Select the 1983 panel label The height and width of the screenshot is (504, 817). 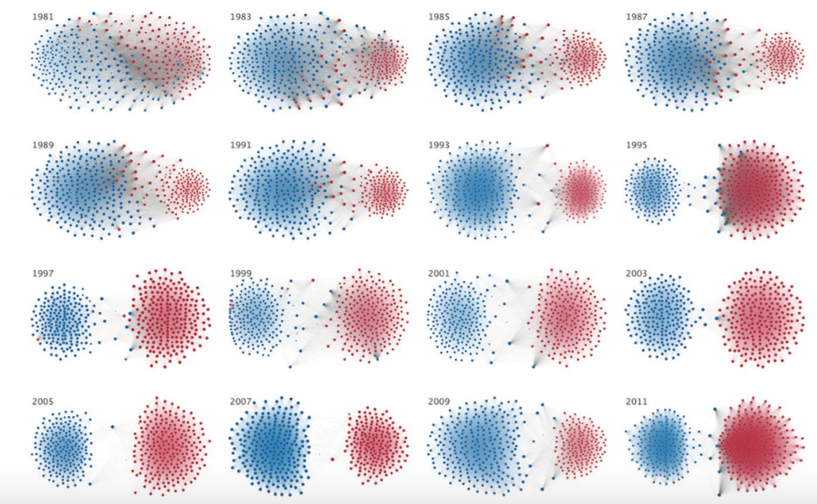pos(241,16)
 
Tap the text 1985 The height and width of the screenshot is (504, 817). pos(439,16)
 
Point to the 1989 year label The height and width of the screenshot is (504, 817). pos(43,145)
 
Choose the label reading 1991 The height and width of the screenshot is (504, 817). pos(241,145)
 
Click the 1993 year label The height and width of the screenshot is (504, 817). pos(439,145)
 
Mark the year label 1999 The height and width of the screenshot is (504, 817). pos(241,273)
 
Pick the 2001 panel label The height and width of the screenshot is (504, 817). pos(439,273)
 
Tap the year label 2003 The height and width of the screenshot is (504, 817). pos(636,273)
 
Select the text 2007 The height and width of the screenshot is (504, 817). pos(241,402)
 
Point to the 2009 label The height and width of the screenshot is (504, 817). pos(439,402)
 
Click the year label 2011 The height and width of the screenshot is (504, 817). pos(636,402)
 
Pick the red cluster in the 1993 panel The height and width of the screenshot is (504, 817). pos(580,190)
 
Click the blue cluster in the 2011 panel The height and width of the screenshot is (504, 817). pos(662,445)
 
